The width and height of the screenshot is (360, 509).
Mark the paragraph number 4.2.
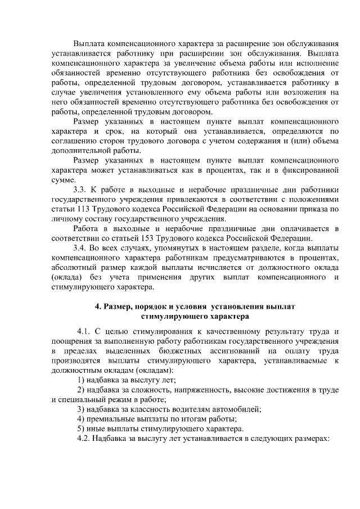pyautogui.click(x=84, y=438)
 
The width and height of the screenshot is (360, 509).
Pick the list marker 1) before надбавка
pyautogui.click(x=81, y=380)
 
